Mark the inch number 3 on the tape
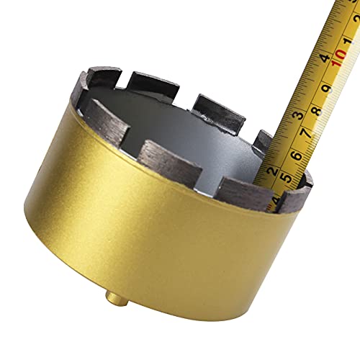[297, 114]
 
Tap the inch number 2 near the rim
[271, 171]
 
